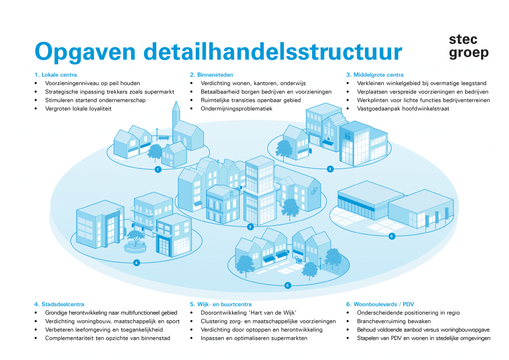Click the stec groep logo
[x=468, y=46]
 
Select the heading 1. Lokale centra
[x=56, y=75]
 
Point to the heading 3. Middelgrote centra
[x=375, y=75]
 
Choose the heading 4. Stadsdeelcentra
[x=59, y=304]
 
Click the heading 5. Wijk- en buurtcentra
[x=221, y=304]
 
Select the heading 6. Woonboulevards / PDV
[x=380, y=304]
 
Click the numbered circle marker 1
[x=158, y=170]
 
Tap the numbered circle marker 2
[x=251, y=227]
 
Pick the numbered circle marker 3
[x=330, y=169]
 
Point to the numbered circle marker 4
[x=136, y=263]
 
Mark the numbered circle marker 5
[x=287, y=285]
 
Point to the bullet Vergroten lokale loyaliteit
[x=78, y=108]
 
